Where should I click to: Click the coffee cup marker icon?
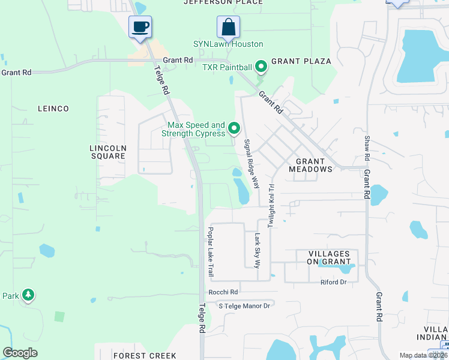coord(140,27)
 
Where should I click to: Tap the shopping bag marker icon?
coord(228,27)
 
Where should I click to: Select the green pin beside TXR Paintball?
coord(261,66)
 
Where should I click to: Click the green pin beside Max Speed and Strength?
coord(234,128)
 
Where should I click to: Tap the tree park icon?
coord(28,295)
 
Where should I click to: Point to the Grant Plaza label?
coord(301,61)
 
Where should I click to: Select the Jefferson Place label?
coord(223,2)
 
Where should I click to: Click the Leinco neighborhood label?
coord(53,109)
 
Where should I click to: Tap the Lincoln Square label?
coord(107,152)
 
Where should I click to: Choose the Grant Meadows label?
coord(310,165)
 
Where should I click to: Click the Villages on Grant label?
coord(329,257)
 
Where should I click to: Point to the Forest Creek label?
coord(145,356)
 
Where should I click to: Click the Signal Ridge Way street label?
coord(252,164)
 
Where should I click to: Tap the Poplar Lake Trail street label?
coord(211,252)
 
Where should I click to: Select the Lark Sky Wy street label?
coord(258,250)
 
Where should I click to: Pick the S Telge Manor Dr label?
coord(244,305)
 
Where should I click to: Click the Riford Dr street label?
coord(334,282)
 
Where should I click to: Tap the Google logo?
coord(20,353)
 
